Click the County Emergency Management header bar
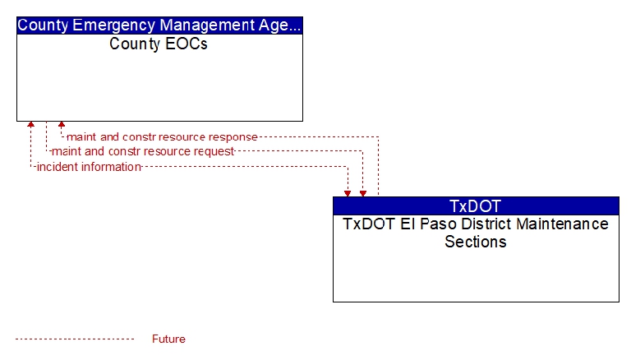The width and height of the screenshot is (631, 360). pos(159,25)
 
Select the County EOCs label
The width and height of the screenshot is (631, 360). pos(158,44)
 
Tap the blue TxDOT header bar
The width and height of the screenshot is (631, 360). pos(476,205)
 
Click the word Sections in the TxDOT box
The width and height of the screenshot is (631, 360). pos(475,242)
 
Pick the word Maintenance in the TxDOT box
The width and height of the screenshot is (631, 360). pos(562,224)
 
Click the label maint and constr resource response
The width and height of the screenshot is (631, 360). pos(162,137)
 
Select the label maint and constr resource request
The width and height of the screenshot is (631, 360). pos(143,151)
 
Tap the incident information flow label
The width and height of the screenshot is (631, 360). pos(89,167)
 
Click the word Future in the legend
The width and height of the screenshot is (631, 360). pos(168,339)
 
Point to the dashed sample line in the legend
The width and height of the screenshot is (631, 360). pos(75,339)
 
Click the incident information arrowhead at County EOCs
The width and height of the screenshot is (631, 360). pos(30,124)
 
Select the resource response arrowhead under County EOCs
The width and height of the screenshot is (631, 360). pos(62,124)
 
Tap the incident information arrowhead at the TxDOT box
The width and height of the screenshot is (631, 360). pos(348,194)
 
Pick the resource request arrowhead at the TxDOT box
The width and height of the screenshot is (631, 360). pos(363,194)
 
